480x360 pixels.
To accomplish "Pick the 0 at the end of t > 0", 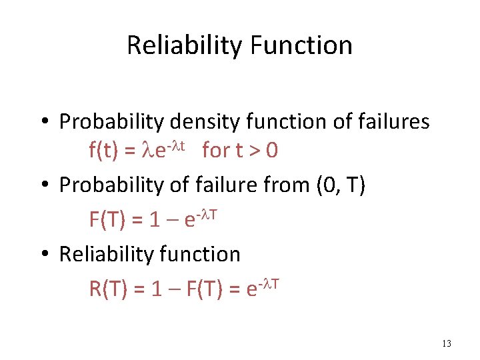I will click(x=271, y=151).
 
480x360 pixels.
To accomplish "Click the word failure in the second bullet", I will click(x=218, y=185).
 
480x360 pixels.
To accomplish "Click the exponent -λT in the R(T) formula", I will click(x=268, y=282).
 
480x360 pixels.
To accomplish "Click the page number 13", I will click(x=446, y=344).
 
